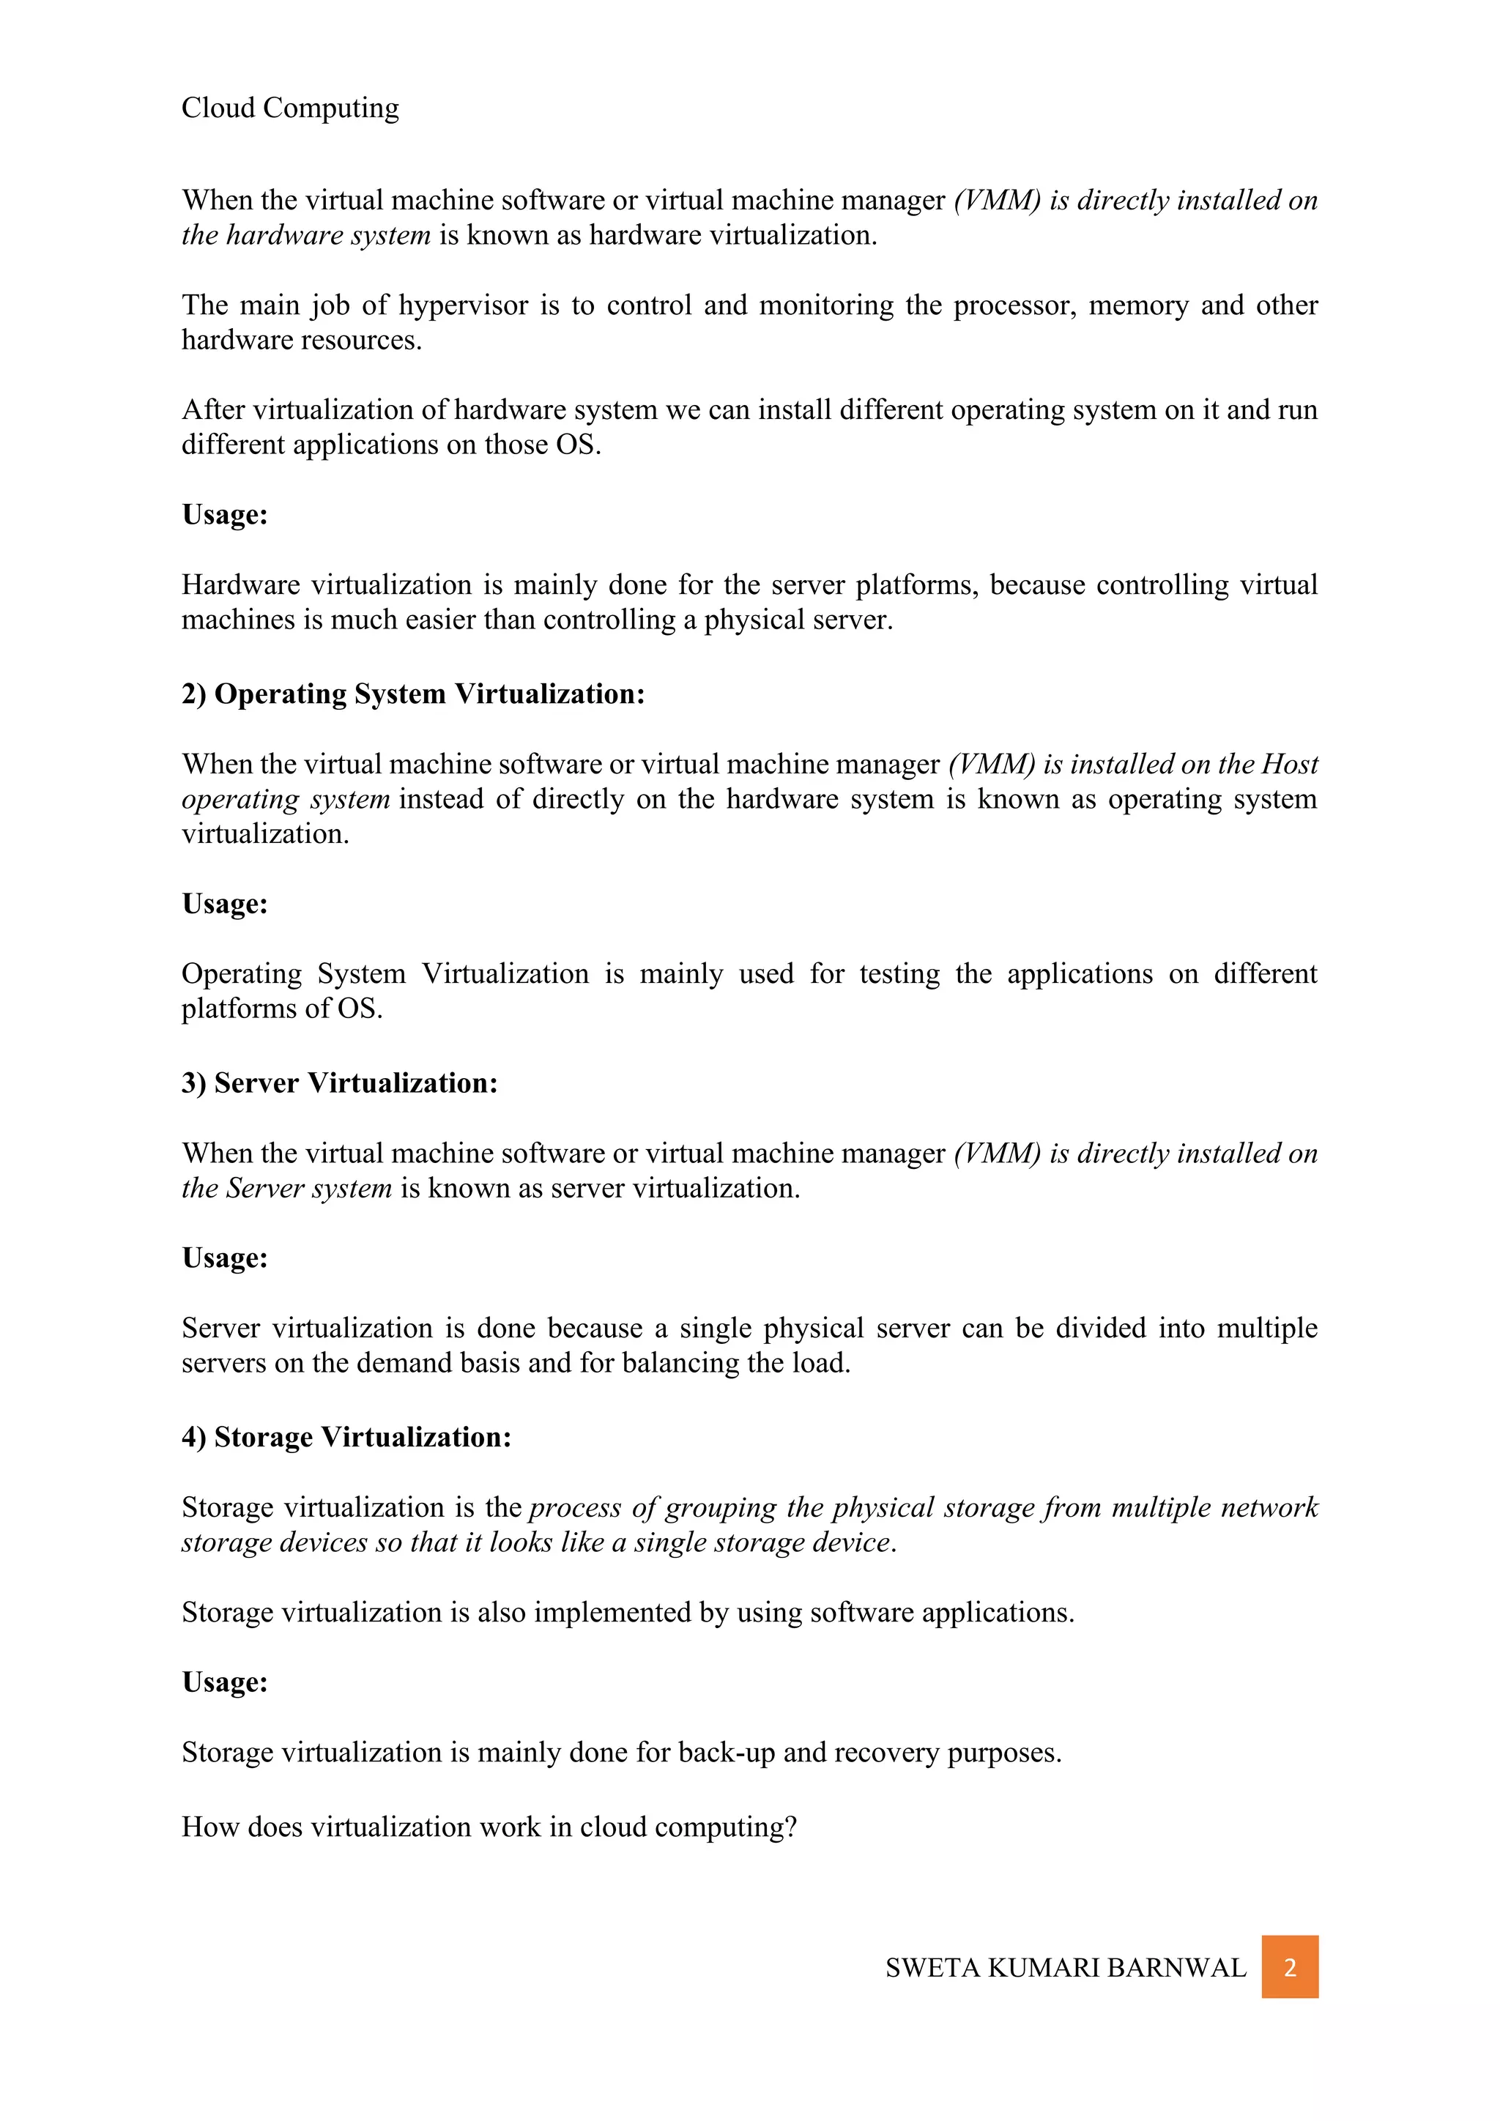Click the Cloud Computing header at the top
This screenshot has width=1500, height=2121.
click(290, 108)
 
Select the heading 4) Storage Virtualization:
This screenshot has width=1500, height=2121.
click(346, 1438)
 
